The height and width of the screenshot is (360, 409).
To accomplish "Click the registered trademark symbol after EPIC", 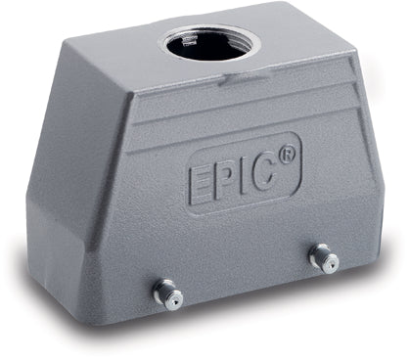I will point(286,155).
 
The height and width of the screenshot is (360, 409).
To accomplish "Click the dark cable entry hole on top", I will point(210,44).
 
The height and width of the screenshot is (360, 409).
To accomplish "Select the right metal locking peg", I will point(322,257).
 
